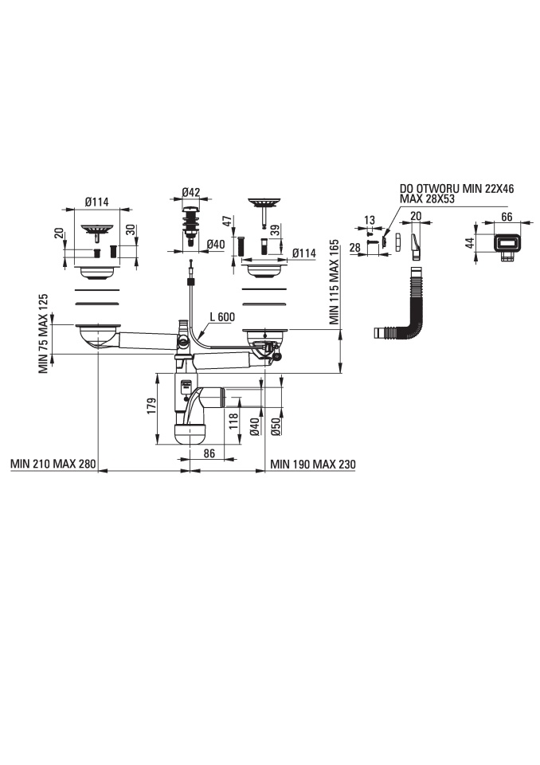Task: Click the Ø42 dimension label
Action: (x=191, y=192)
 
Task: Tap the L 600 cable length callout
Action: (x=222, y=316)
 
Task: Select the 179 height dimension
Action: (x=151, y=406)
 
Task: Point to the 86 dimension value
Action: (x=209, y=453)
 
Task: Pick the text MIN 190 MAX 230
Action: (x=313, y=464)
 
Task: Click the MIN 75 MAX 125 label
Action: (x=44, y=334)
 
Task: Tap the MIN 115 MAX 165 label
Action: (x=335, y=282)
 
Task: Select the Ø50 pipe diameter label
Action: (x=276, y=427)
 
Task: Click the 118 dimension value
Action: (x=233, y=421)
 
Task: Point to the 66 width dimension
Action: (x=507, y=216)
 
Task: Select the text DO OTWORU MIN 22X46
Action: (x=456, y=189)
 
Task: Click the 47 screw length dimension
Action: (x=226, y=222)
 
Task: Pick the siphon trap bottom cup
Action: (x=190, y=433)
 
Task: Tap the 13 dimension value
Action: (x=370, y=220)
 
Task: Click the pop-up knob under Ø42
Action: (x=190, y=226)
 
